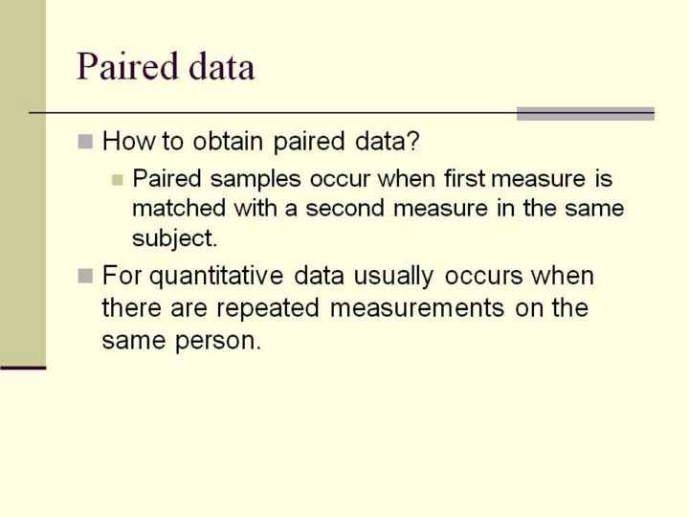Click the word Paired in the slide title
point(127,67)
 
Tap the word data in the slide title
point(221,67)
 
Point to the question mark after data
point(413,141)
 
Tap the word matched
point(179,208)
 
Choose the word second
point(344,208)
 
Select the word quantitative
point(216,277)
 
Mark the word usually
point(393,277)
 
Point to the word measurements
point(417,307)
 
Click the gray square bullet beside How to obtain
point(85,142)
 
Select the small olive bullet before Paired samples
point(117,180)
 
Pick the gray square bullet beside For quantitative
point(85,276)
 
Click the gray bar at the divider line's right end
point(586,113)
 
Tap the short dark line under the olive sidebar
point(23,368)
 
